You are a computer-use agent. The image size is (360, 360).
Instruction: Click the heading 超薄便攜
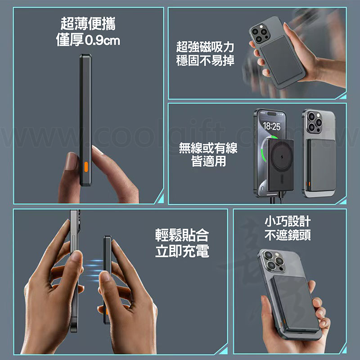pos(88,23)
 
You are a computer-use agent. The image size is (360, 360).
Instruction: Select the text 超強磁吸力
pos(205,47)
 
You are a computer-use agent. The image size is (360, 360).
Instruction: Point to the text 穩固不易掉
pos(205,61)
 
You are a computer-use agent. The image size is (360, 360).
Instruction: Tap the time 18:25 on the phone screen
pos(271,127)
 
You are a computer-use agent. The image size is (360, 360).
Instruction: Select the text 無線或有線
pos(208,148)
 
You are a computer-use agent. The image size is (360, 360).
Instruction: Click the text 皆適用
pos(208,162)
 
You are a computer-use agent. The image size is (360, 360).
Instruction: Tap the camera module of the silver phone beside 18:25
pos(313,121)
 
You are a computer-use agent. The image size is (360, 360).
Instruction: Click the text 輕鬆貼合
pos(182,235)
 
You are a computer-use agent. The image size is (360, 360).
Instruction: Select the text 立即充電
pos(182,251)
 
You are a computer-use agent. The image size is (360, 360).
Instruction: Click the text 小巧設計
pos(288,221)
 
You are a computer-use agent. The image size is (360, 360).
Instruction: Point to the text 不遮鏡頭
pos(288,235)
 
